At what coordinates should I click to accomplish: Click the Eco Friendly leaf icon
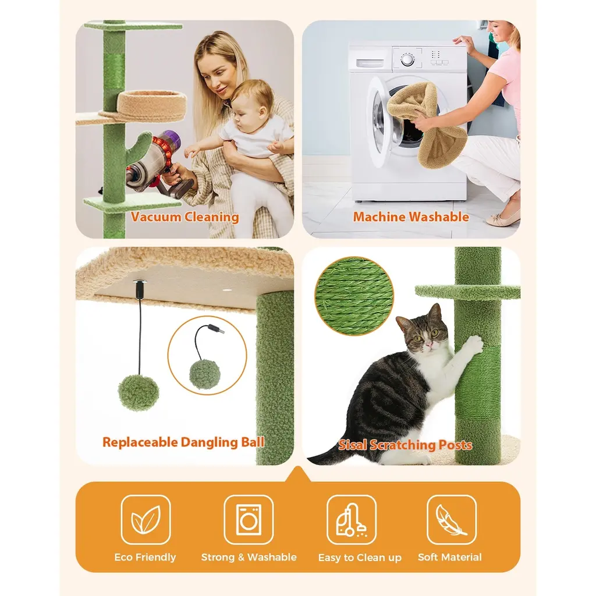[x=146, y=519]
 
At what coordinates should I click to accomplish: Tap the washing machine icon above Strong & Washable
[x=249, y=519]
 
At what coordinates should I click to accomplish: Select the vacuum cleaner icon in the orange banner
[x=351, y=520]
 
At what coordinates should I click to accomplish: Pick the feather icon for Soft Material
[x=451, y=519]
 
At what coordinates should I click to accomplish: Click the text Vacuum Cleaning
[x=185, y=217]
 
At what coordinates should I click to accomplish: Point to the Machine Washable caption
[x=411, y=217]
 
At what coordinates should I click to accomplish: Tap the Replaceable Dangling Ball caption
[x=183, y=442]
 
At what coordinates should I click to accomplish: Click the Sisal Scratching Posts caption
[x=405, y=445]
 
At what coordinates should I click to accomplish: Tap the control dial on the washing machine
[x=407, y=60]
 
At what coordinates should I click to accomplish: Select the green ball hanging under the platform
[x=139, y=392]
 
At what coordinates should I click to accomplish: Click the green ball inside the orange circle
[x=205, y=374]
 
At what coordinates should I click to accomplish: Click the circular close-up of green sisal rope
[x=354, y=296]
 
